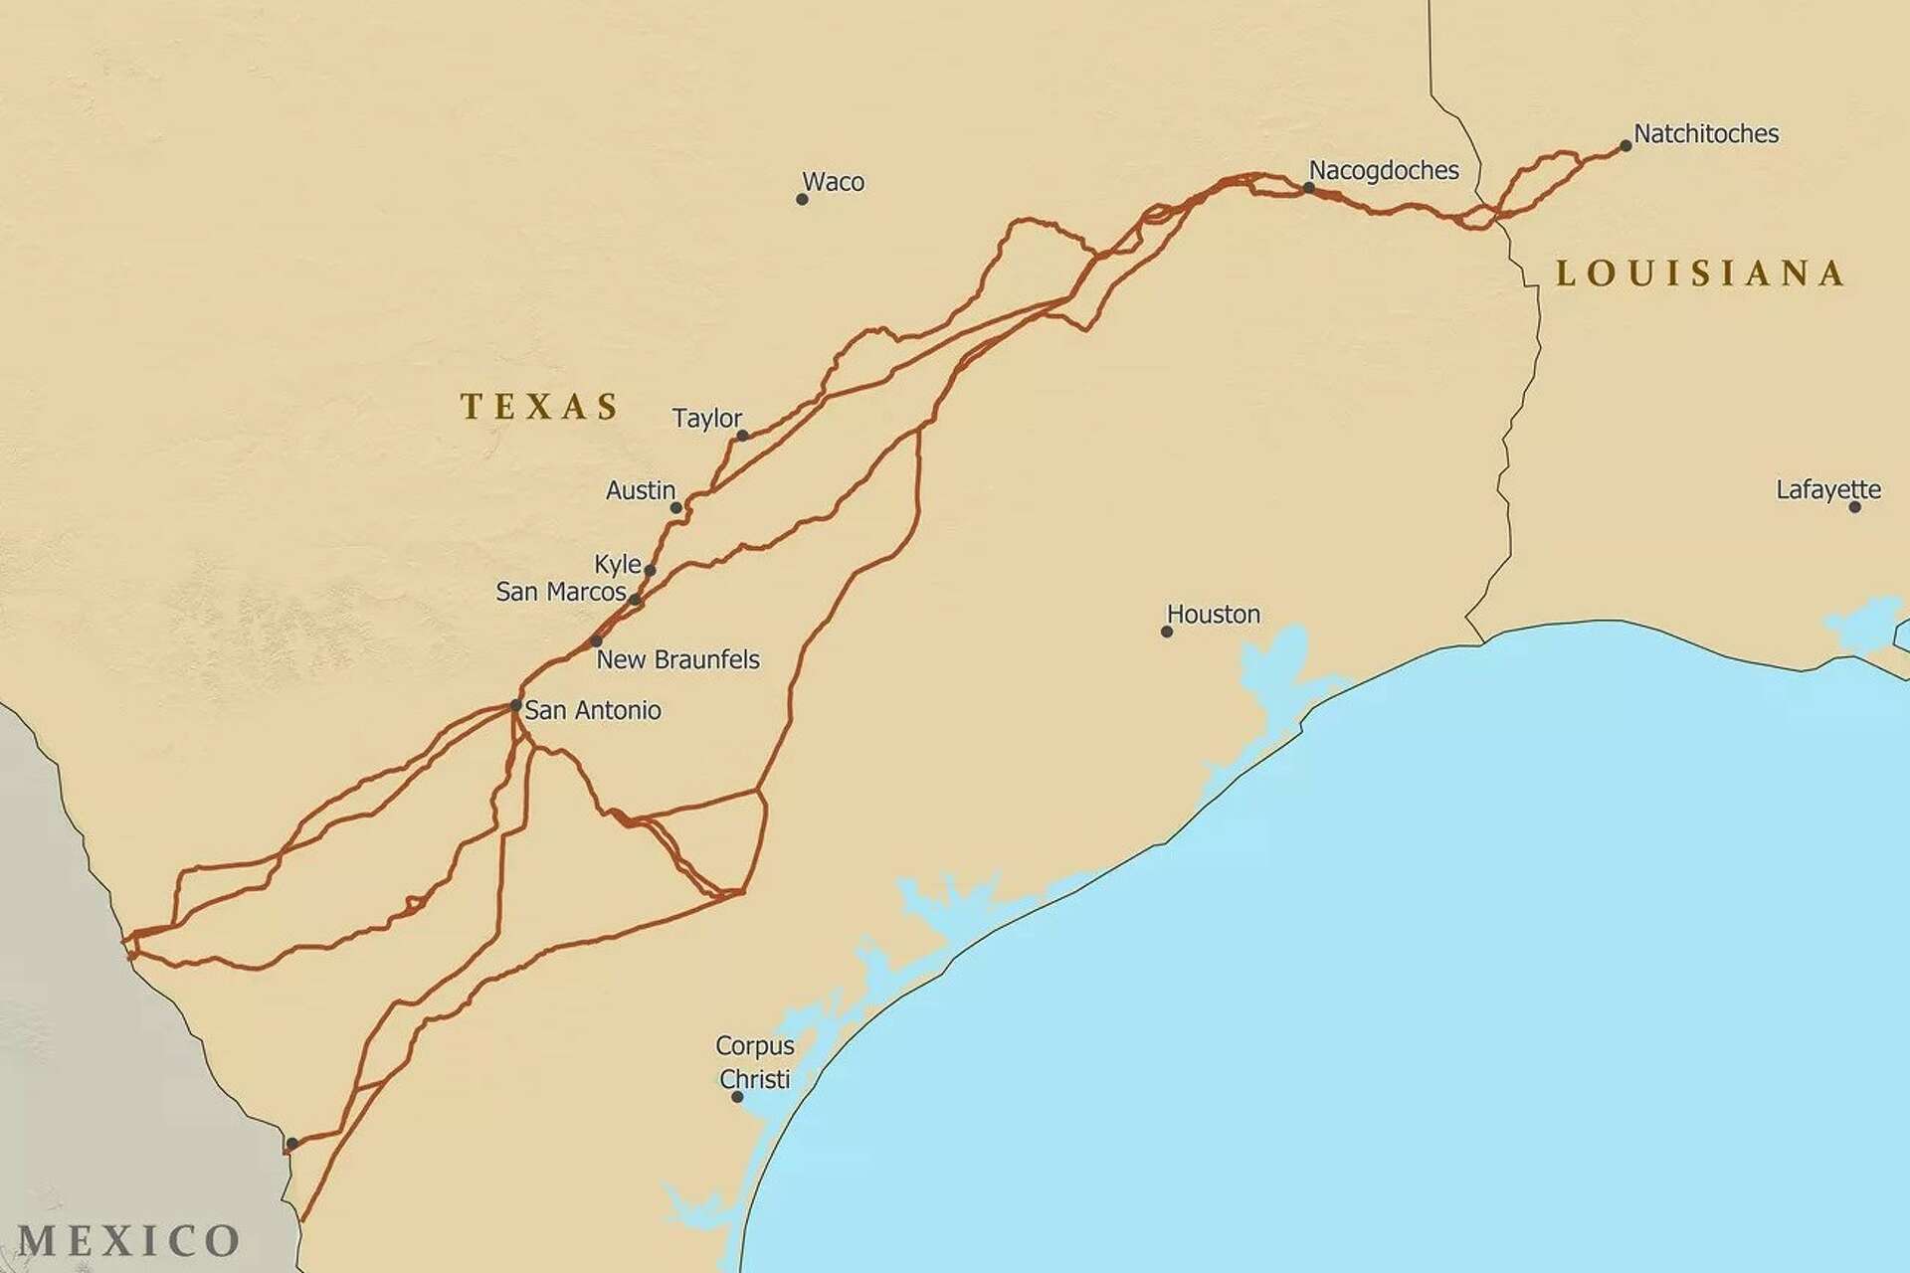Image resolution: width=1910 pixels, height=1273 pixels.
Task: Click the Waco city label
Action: pyautogui.click(x=833, y=182)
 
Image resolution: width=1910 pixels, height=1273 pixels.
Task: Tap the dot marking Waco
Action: pyautogui.click(x=802, y=199)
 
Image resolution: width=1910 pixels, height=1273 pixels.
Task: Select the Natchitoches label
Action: pyautogui.click(x=1706, y=133)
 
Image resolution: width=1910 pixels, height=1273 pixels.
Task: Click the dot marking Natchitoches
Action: pyautogui.click(x=1625, y=145)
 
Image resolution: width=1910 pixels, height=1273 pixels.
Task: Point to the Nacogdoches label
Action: pyautogui.click(x=1384, y=170)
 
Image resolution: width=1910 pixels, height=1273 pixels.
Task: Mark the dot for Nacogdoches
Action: pyautogui.click(x=1309, y=187)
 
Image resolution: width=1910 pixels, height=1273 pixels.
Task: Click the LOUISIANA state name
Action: pyautogui.click(x=1700, y=273)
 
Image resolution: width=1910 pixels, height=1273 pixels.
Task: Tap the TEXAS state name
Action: pyautogui.click(x=540, y=406)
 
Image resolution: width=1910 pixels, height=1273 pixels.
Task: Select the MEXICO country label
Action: pyautogui.click(x=128, y=1240)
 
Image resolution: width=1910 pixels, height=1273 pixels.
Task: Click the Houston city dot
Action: pyautogui.click(x=1167, y=632)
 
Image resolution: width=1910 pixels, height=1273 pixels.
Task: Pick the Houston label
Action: pyautogui.click(x=1213, y=615)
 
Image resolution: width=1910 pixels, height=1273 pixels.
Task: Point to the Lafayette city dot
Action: pyautogui.click(x=1854, y=506)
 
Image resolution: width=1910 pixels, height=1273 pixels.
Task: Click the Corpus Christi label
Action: pyautogui.click(x=755, y=1062)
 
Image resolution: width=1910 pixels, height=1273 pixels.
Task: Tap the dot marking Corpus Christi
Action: pyautogui.click(x=737, y=1097)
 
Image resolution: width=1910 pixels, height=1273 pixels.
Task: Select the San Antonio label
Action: pyautogui.click(x=592, y=710)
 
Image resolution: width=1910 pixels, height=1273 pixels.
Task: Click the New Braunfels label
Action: pyautogui.click(x=677, y=659)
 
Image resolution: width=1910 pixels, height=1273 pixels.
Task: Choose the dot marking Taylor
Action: pyautogui.click(x=742, y=436)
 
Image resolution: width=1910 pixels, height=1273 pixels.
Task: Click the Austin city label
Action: pyautogui.click(x=640, y=490)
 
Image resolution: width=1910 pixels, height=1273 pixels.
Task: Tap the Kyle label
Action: pyautogui.click(x=617, y=564)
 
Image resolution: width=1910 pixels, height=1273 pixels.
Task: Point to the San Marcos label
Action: pyautogui.click(x=560, y=592)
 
